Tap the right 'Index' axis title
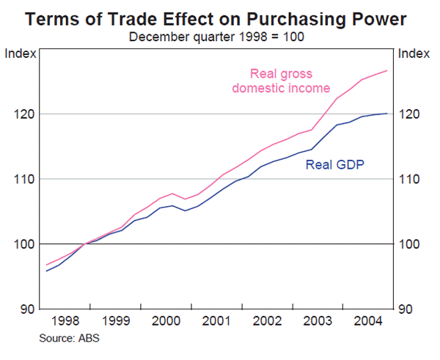[x=415, y=53]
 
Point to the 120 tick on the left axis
[x=24, y=114]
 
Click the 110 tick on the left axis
[x=24, y=179]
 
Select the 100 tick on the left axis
[x=24, y=243]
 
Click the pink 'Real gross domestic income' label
[x=281, y=81]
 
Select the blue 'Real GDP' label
[x=335, y=164]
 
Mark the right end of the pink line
[x=387, y=70]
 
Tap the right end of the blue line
[x=387, y=114]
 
